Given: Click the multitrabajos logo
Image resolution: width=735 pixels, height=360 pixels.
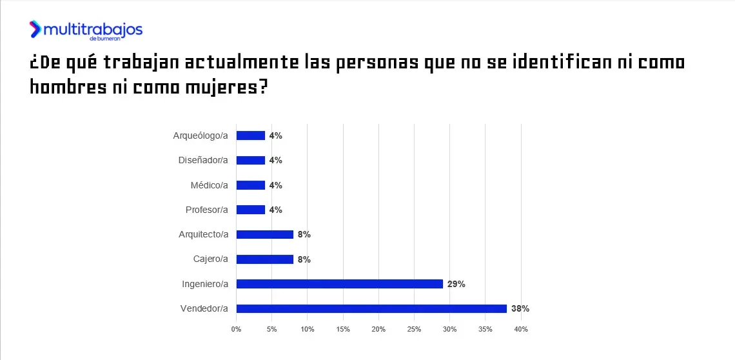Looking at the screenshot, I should [x=86, y=30].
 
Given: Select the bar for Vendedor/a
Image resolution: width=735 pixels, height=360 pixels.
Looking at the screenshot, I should [x=371, y=308].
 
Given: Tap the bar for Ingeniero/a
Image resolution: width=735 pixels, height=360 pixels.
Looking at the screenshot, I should [x=340, y=284].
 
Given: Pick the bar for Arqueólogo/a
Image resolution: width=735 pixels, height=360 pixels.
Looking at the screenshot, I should [x=251, y=135].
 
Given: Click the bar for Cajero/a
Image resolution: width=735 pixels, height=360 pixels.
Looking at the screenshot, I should [x=265, y=259].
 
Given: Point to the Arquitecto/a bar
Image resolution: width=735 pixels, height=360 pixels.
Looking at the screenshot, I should [x=265, y=234].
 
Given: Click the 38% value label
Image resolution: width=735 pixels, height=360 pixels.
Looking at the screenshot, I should [x=520, y=308].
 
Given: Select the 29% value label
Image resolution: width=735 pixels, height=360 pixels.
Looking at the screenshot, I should [x=456, y=284].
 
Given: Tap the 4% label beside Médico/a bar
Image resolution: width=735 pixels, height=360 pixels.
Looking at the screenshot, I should [x=276, y=185].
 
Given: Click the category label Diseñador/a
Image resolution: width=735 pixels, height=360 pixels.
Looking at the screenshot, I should [x=203, y=160].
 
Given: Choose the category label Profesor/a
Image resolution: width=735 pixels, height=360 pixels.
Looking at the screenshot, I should [x=206, y=210].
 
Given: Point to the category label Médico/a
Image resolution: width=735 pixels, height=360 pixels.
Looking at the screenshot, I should [x=209, y=185].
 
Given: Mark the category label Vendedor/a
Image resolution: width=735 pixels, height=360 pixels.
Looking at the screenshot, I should [x=204, y=308].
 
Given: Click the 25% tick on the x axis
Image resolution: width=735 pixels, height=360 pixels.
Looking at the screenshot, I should [x=414, y=330].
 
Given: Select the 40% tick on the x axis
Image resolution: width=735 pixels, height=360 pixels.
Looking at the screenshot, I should [x=521, y=330].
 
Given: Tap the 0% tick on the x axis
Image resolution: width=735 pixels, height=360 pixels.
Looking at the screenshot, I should [x=236, y=330].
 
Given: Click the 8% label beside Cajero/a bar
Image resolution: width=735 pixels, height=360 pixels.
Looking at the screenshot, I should [x=304, y=259].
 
